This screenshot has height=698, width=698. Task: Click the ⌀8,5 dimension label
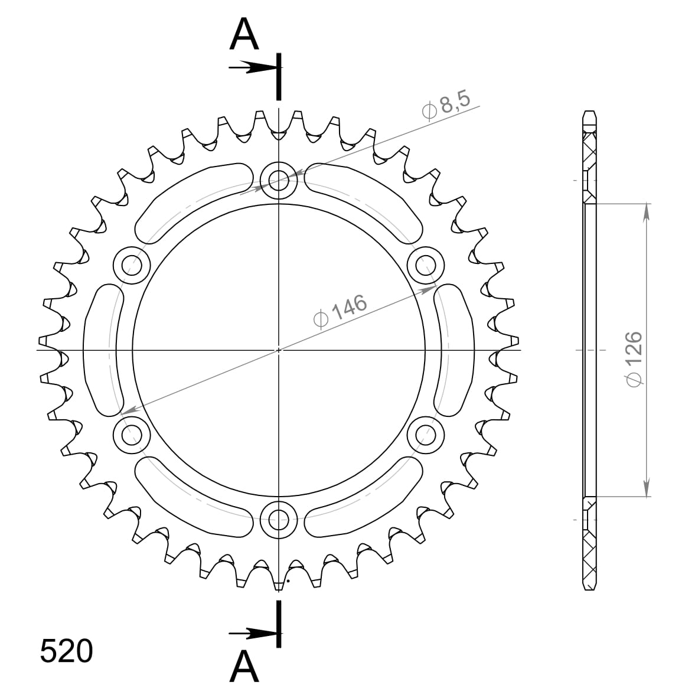click(446, 105)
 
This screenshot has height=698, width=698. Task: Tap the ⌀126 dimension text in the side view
click(633, 359)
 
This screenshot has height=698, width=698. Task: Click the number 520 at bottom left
click(66, 651)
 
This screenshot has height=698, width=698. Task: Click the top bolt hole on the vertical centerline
click(278, 179)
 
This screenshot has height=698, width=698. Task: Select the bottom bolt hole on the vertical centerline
click(278, 520)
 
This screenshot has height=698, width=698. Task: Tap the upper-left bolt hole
click(131, 265)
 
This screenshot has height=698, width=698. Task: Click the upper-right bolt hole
click(426, 265)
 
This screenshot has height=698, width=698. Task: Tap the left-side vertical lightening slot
click(102, 350)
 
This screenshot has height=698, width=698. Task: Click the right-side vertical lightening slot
click(455, 350)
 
